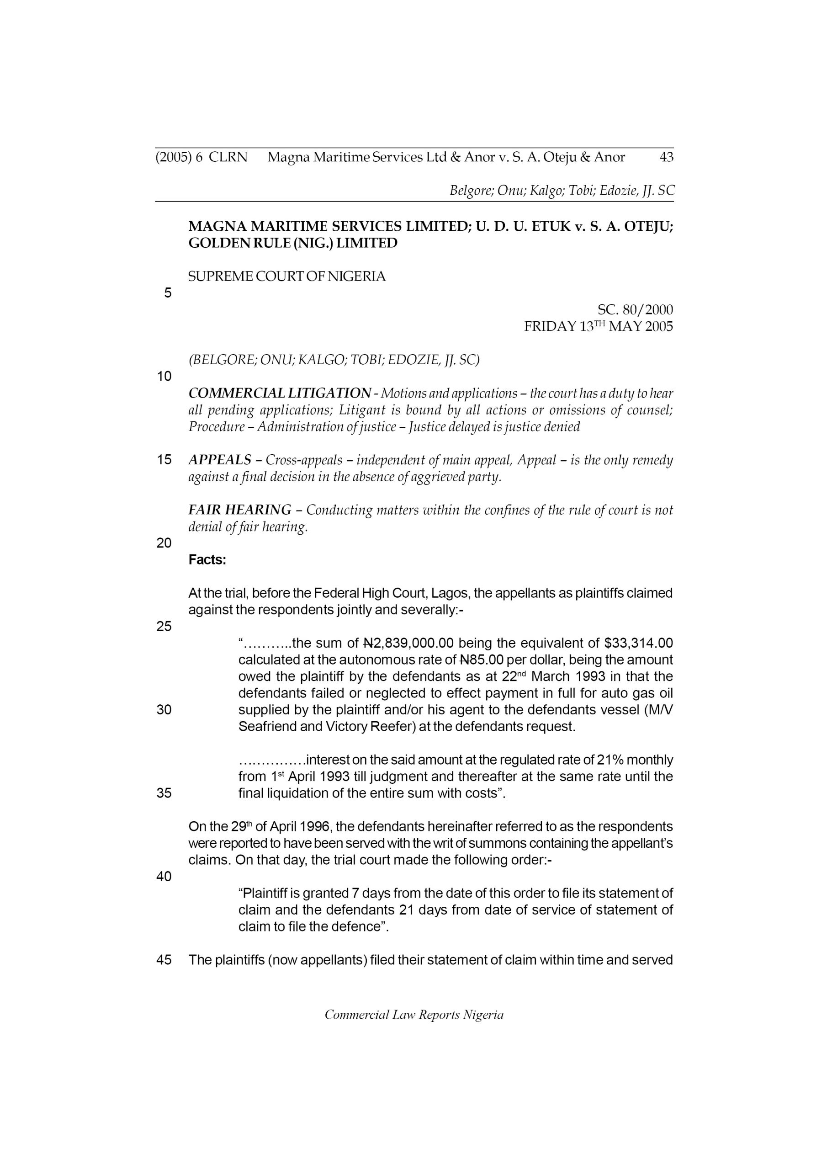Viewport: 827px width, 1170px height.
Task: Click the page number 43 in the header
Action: click(666, 158)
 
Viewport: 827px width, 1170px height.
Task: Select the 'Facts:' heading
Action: click(207, 560)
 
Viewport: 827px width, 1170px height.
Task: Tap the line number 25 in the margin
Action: click(164, 627)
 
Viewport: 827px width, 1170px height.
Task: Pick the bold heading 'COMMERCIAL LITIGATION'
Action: click(279, 394)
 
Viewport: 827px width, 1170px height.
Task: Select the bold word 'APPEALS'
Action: click(220, 460)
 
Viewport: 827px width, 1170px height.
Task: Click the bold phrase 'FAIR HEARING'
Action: click(239, 510)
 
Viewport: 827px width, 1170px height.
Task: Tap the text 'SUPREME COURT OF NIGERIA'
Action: click(287, 277)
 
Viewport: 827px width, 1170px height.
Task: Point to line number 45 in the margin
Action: click(164, 960)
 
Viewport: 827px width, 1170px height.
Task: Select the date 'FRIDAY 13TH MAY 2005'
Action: click(598, 327)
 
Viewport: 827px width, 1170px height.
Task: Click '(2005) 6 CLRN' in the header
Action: click(201, 158)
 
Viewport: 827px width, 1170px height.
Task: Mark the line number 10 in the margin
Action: click(164, 377)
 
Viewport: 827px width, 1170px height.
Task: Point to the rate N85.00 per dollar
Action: click(482, 660)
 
